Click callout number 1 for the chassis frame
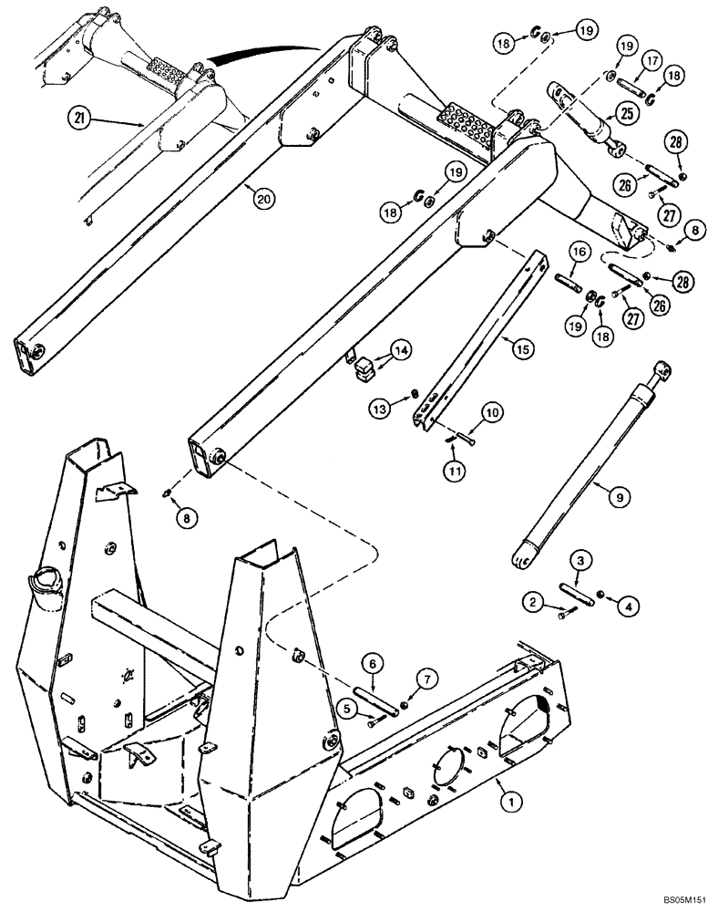coord(512,802)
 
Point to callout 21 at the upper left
coord(81,119)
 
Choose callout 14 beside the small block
coord(402,349)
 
